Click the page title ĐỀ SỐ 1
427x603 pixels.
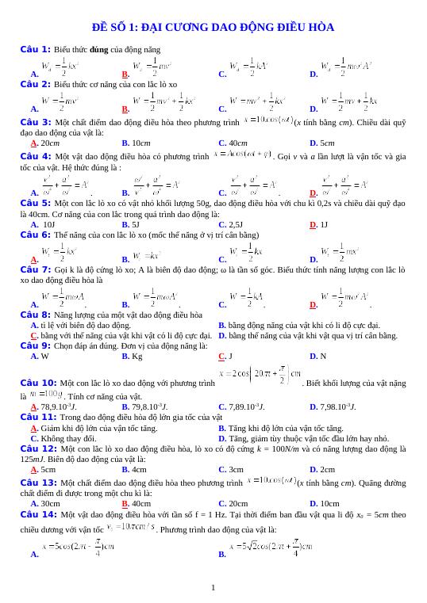tap(213, 28)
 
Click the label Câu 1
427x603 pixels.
tap(35, 49)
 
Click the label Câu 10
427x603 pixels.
tap(38, 382)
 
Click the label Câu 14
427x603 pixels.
tap(38, 513)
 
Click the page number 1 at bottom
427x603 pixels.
tap(213, 587)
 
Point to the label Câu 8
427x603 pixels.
tap(35, 315)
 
